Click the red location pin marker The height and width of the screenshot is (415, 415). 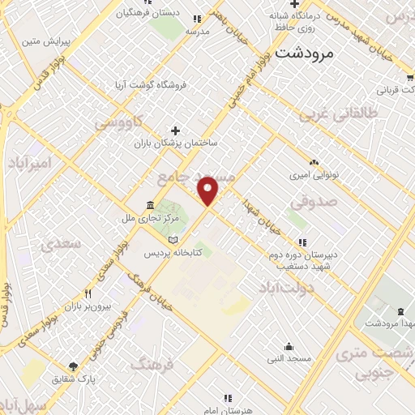209,191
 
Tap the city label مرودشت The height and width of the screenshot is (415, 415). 305,53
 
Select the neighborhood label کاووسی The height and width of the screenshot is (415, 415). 119,122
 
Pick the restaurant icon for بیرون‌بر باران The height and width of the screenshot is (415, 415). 88,293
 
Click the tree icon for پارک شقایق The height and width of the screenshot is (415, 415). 75,366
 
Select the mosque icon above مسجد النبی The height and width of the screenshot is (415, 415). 289,345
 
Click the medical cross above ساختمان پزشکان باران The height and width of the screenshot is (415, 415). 176,130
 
